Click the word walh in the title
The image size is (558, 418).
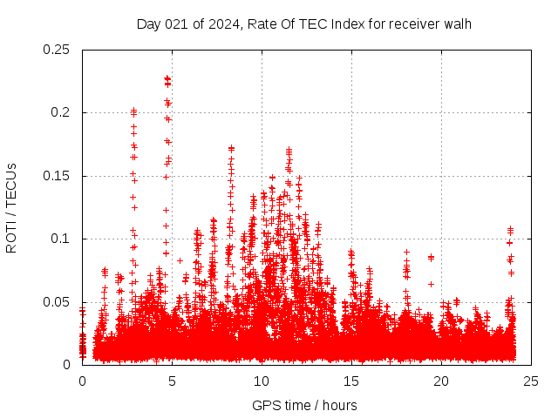pos(458,24)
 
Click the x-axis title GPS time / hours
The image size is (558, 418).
pos(304,405)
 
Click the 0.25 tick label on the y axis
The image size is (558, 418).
pos(58,50)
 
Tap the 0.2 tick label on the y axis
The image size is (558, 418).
pos(61,113)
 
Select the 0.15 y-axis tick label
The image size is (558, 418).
pos(58,176)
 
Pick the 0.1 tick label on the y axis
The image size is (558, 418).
pos(61,239)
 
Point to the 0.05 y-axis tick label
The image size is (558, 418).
pos(58,302)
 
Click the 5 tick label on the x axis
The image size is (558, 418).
pos(172,381)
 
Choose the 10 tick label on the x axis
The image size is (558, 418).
pos(262,381)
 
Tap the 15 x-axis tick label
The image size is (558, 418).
pos(351,381)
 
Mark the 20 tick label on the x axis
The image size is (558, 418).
pos(441,381)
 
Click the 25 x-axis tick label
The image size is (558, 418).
pos(531,381)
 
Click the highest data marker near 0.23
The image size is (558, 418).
pos(167,78)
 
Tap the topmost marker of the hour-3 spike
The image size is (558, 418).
pos(133,111)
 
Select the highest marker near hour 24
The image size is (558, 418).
pos(510,229)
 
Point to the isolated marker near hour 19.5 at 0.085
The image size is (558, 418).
pos(431,257)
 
